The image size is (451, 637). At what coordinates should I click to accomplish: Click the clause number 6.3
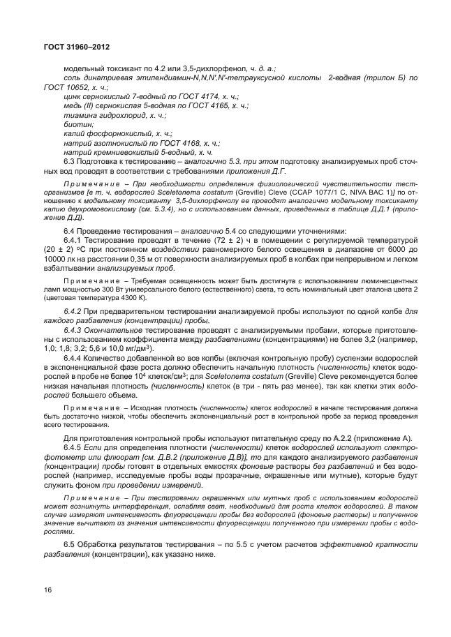pyautogui.click(x=69, y=160)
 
